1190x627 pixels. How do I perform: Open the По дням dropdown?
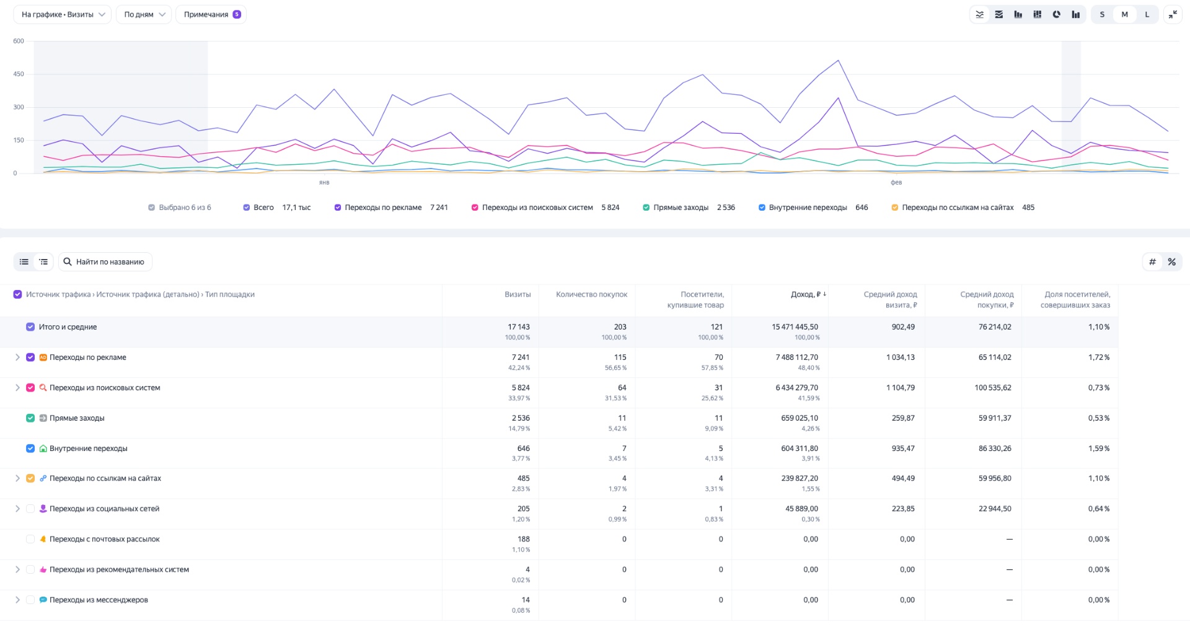pos(144,14)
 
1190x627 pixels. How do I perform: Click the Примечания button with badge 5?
pos(211,14)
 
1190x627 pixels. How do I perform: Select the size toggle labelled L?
pos(1147,14)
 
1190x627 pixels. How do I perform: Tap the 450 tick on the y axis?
pos(19,74)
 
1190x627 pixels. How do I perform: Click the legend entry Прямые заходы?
pos(681,208)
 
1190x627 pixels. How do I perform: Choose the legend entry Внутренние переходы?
pos(807,208)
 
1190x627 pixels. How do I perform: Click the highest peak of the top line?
pos(838,61)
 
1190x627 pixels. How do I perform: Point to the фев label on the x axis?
pos(896,183)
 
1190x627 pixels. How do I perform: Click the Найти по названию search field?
pos(110,262)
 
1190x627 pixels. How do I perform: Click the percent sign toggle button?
pos(1171,262)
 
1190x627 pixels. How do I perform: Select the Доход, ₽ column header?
pos(805,294)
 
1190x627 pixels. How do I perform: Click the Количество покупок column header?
pos(591,294)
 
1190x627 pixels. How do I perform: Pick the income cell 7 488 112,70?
pos(796,357)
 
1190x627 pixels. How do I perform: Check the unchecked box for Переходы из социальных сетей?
pos(30,509)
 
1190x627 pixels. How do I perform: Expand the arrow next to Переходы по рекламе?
pos(17,357)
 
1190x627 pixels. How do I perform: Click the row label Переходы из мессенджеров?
pos(99,600)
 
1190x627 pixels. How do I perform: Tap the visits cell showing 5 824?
pos(520,388)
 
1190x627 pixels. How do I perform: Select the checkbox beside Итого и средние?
pos(30,327)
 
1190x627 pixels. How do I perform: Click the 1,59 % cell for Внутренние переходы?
pos(1098,449)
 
